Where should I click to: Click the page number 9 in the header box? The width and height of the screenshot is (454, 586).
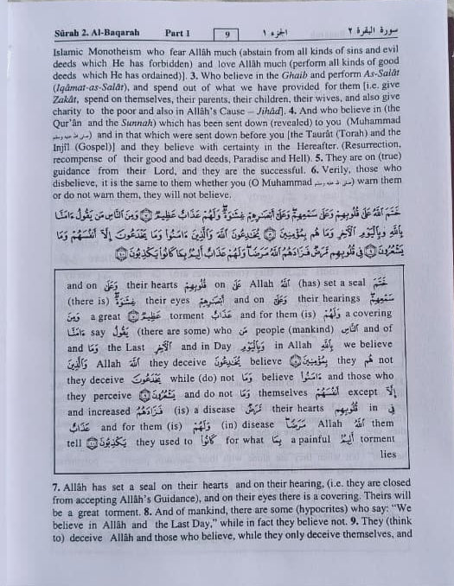click(227, 35)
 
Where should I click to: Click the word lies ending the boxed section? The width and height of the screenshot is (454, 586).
click(387, 453)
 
